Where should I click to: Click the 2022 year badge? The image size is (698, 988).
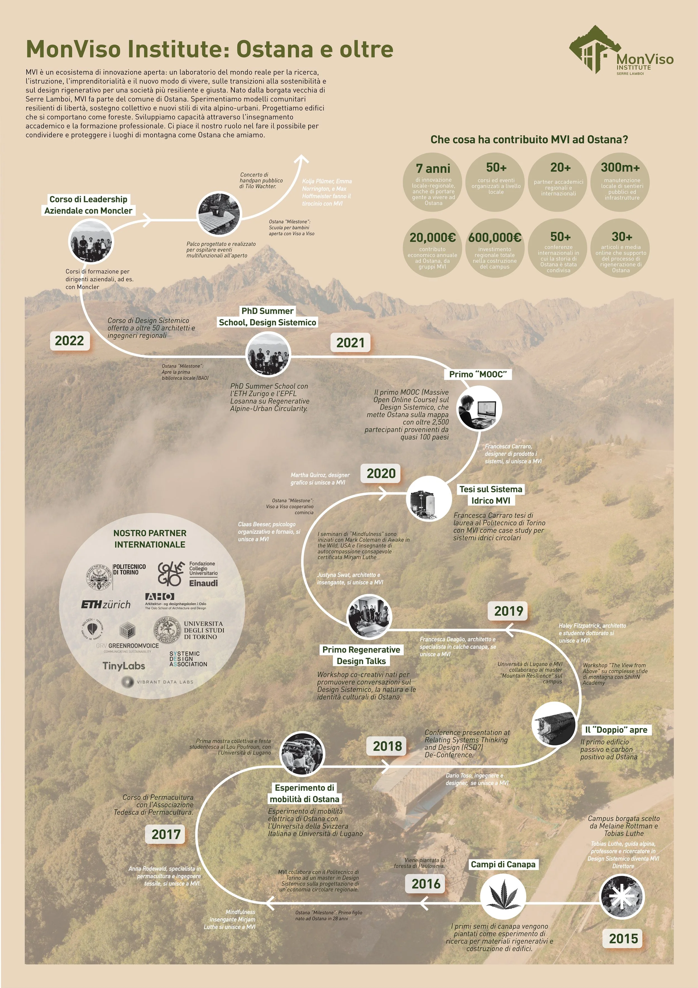tap(69, 341)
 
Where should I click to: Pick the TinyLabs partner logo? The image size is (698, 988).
tap(123, 666)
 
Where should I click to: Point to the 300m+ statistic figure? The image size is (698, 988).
tap(620, 168)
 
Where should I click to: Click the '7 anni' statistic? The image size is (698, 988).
tap(433, 168)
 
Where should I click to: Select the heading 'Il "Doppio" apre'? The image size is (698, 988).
tap(616, 729)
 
